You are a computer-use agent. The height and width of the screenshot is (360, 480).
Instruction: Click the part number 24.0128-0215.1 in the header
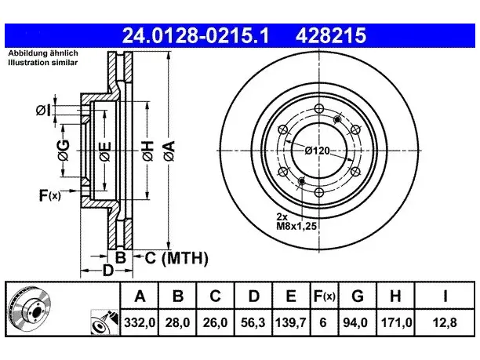pyautogui.click(x=195, y=35)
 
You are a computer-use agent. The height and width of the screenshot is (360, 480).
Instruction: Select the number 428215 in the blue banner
pyautogui.click(x=331, y=35)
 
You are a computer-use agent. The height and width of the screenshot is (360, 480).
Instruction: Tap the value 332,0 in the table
pyautogui.click(x=140, y=322)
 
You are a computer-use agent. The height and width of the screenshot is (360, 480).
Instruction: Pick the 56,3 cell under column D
pyautogui.click(x=253, y=322)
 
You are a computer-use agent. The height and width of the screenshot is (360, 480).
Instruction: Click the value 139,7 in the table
pyautogui.click(x=291, y=322)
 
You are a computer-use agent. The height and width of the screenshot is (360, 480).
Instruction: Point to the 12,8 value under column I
pyautogui.click(x=445, y=322)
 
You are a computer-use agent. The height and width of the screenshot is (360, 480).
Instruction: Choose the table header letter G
pyautogui.click(x=357, y=296)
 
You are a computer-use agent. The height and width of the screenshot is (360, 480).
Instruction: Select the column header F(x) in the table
pyautogui.click(x=325, y=296)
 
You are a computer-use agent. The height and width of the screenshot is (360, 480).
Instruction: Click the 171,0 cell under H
pyautogui.click(x=396, y=322)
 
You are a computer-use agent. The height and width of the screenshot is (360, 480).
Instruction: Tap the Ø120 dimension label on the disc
pyautogui.click(x=317, y=151)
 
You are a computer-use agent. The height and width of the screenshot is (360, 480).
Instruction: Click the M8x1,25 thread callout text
pyautogui.click(x=296, y=227)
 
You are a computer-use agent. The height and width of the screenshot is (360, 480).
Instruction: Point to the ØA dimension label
pyautogui.click(x=169, y=151)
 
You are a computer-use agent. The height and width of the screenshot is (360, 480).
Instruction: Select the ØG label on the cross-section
pyautogui.click(x=64, y=151)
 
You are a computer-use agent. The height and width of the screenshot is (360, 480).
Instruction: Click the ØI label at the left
pyautogui.click(x=43, y=111)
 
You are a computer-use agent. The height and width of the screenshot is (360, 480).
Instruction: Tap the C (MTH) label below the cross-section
pyautogui.click(x=176, y=258)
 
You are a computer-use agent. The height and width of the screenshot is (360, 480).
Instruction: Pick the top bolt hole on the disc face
pyautogui.click(x=319, y=108)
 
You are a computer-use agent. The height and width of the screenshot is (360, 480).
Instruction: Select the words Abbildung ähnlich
pyautogui.click(x=43, y=53)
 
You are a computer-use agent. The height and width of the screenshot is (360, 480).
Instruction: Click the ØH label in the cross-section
pyautogui.click(x=148, y=151)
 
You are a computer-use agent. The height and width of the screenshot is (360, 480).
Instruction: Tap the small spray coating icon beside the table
pyautogui.click(x=104, y=322)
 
